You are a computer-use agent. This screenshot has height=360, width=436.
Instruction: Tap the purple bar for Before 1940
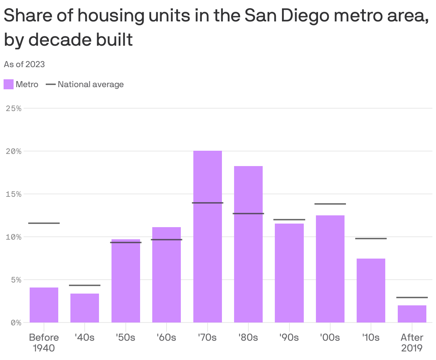tap(44, 305)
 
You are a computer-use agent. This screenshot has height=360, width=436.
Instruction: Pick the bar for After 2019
tap(412, 314)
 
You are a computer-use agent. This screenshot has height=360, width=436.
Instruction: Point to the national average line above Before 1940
tap(44, 223)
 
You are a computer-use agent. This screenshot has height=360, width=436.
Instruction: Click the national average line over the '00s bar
tap(330, 204)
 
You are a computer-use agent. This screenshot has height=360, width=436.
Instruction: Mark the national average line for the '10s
tap(371, 239)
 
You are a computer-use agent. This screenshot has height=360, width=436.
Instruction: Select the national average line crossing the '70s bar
tap(207, 203)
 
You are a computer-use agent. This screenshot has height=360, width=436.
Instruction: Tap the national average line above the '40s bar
tap(85, 285)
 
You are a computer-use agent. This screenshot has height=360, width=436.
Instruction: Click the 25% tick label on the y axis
tap(14, 108)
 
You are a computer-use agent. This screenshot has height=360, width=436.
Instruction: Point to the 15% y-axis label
tap(14, 194)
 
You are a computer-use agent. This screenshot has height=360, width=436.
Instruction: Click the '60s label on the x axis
tap(166, 337)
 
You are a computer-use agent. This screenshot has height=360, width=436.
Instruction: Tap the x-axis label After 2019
tap(412, 342)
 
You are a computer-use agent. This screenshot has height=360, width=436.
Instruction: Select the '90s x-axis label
tap(289, 337)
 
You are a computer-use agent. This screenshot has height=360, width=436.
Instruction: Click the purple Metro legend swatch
tap(9, 85)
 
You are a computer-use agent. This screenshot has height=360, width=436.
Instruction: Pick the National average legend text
tap(90, 85)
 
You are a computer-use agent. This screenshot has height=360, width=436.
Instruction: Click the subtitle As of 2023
tap(24, 64)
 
